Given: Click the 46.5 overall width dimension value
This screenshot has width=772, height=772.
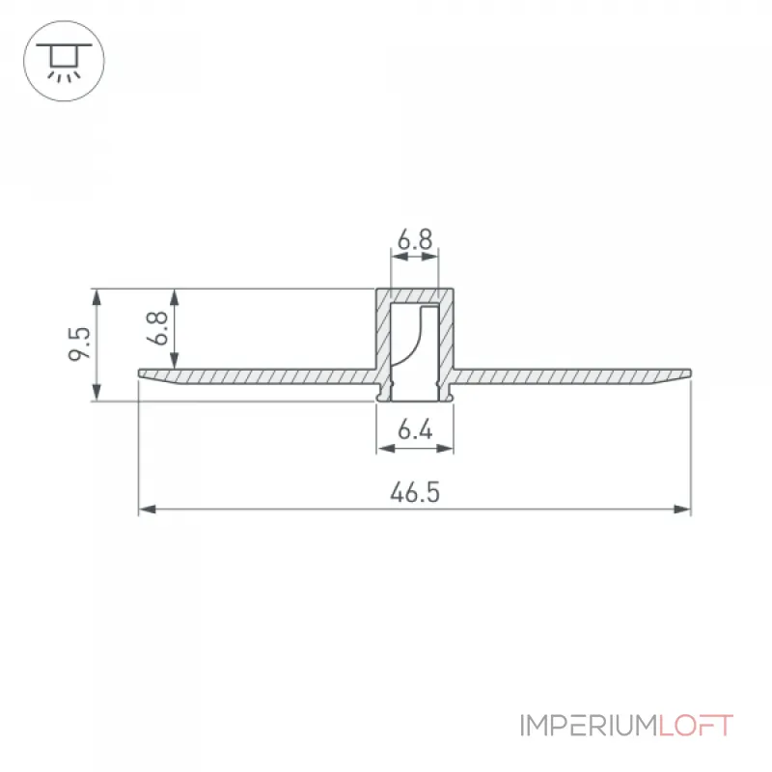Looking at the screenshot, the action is [x=415, y=492].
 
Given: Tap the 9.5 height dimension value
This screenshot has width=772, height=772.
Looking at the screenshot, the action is [x=80, y=344].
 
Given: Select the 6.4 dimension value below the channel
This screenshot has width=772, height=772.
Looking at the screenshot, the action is [x=415, y=429].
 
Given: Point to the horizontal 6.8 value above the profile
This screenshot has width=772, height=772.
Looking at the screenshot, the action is [x=415, y=239].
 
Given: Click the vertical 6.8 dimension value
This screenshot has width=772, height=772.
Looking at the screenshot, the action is [x=157, y=328].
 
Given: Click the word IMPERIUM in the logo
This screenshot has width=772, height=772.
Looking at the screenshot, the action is [x=590, y=726].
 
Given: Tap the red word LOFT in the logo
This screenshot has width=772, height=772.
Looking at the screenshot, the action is [x=696, y=726].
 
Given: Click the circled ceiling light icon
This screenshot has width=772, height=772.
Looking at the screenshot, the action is [x=64, y=61].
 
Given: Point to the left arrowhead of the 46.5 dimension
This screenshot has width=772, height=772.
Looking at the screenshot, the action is [x=148, y=510].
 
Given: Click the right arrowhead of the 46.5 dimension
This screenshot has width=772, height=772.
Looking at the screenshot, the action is [x=682, y=510].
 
